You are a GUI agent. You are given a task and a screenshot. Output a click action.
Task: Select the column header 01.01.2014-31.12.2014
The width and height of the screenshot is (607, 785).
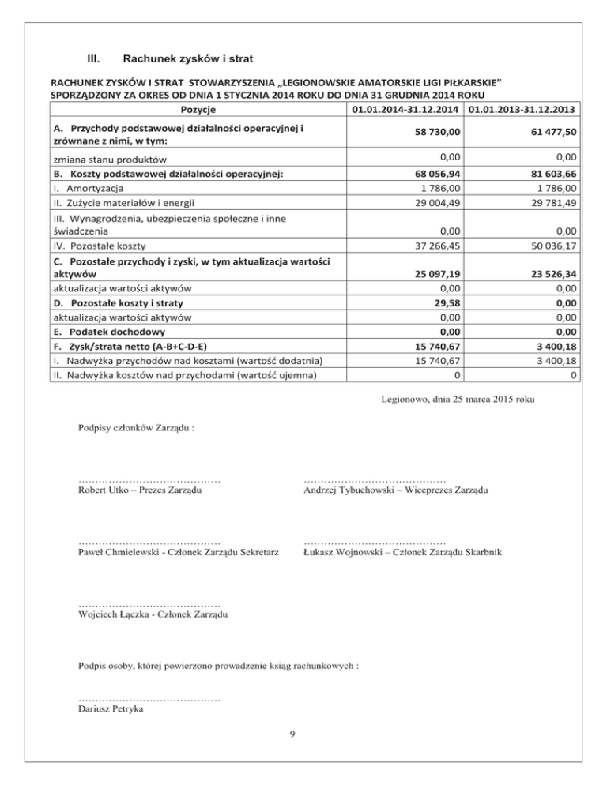(405, 108)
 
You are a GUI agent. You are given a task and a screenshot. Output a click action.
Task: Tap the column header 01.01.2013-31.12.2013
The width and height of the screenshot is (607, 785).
(522, 108)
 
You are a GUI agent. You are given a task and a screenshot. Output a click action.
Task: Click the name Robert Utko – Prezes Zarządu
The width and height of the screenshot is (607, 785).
(139, 490)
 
